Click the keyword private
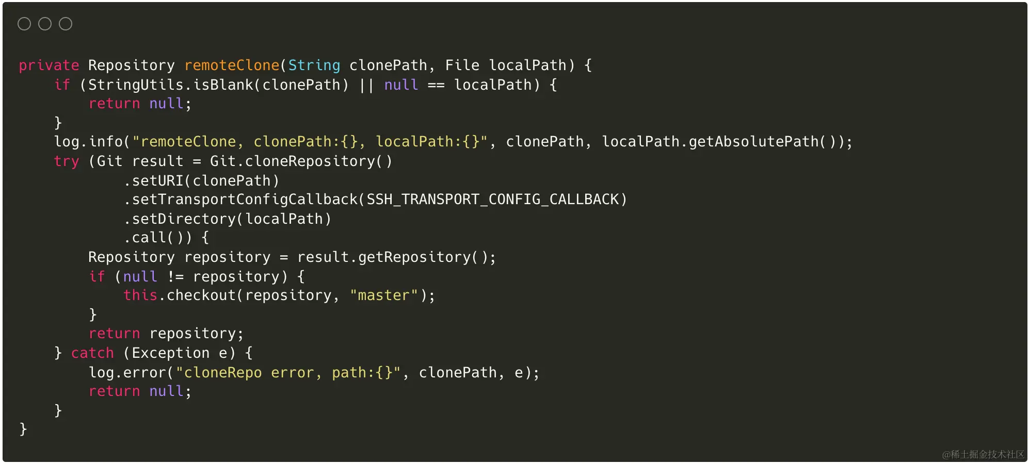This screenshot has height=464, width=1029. click(x=49, y=65)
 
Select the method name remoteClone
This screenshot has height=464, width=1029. click(x=232, y=65)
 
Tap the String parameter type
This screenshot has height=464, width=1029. click(x=314, y=65)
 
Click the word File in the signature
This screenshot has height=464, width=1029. click(x=462, y=65)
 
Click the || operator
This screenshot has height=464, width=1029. click(x=366, y=85)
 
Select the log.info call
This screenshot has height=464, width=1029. click(x=88, y=142)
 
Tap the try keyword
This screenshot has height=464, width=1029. click(x=67, y=161)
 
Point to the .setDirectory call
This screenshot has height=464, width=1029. click(x=183, y=219)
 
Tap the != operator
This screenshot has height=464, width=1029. click(x=175, y=277)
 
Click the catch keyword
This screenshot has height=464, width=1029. click(x=92, y=353)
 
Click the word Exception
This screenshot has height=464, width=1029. click(x=170, y=353)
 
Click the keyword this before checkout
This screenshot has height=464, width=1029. click(x=140, y=295)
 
